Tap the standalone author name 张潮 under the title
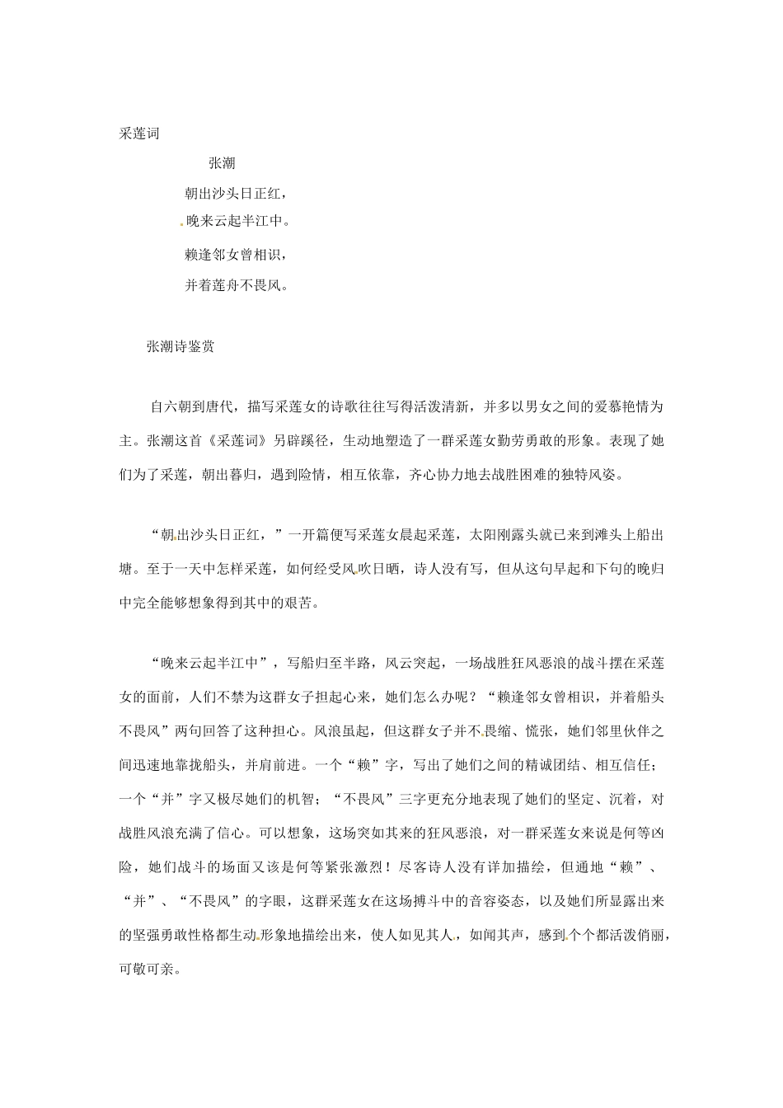222,164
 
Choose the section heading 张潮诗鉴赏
181,347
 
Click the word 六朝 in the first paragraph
178,407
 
